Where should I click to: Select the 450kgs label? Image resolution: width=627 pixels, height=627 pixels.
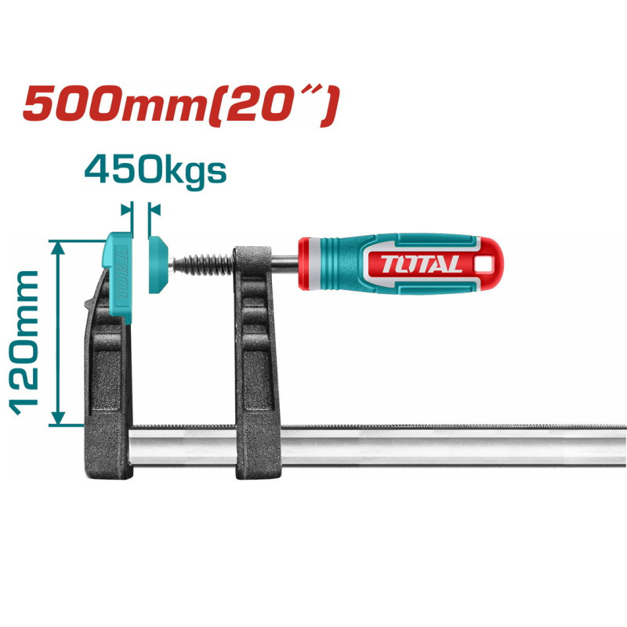pyautogui.click(x=155, y=170)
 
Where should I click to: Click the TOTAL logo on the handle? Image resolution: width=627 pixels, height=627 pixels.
pyautogui.click(x=422, y=263)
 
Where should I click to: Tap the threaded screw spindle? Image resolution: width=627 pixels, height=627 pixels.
pyautogui.click(x=206, y=263)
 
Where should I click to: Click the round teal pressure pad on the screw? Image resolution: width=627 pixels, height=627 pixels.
pyautogui.click(x=158, y=264)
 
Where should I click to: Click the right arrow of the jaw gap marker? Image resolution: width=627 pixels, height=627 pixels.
pyautogui.click(x=154, y=210)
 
